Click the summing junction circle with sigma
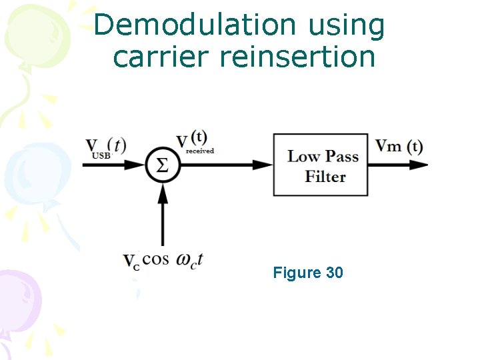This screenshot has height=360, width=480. click(x=163, y=165)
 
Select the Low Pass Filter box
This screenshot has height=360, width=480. click(x=321, y=165)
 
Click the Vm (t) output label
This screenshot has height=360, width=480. click(x=399, y=147)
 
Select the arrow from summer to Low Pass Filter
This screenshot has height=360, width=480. click(x=227, y=165)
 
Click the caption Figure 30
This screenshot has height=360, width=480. click(x=308, y=273)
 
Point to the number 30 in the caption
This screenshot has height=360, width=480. click(x=334, y=273)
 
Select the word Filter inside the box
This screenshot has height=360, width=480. click(x=325, y=177)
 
